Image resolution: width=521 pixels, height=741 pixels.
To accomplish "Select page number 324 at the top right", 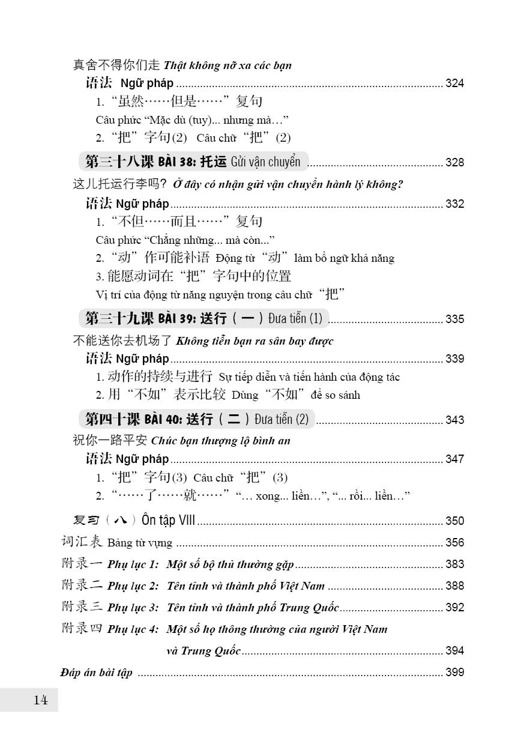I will pyautogui.click(x=454, y=83).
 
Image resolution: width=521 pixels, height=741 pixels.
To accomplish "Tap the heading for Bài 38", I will pyautogui.click(x=193, y=162).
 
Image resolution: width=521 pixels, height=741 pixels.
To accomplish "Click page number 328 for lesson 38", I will pyautogui.click(x=454, y=163).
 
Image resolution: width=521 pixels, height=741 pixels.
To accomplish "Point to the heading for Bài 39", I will pyautogui.click(x=203, y=318).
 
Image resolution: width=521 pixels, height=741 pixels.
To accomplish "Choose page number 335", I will pyautogui.click(x=454, y=319).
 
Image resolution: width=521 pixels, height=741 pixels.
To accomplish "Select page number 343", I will pyautogui.click(x=454, y=420).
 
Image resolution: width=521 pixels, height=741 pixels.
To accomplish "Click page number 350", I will pyautogui.click(x=454, y=521).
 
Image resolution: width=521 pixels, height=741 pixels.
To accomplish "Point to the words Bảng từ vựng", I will pyautogui.click(x=140, y=543).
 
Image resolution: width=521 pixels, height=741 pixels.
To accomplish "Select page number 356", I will pyautogui.click(x=454, y=542).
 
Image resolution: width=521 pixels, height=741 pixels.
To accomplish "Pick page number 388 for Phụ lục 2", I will pyautogui.click(x=454, y=585).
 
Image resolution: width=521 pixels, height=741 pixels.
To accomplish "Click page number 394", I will pyautogui.click(x=454, y=650).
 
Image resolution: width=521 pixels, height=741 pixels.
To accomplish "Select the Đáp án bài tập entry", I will pyautogui.click(x=97, y=672).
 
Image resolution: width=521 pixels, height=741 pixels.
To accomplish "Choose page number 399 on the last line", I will pyautogui.click(x=454, y=672).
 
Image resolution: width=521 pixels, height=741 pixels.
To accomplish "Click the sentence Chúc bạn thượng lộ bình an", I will pyautogui.click(x=221, y=441).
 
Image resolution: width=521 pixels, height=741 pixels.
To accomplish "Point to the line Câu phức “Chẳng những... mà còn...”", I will pyautogui.click(x=185, y=240).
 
